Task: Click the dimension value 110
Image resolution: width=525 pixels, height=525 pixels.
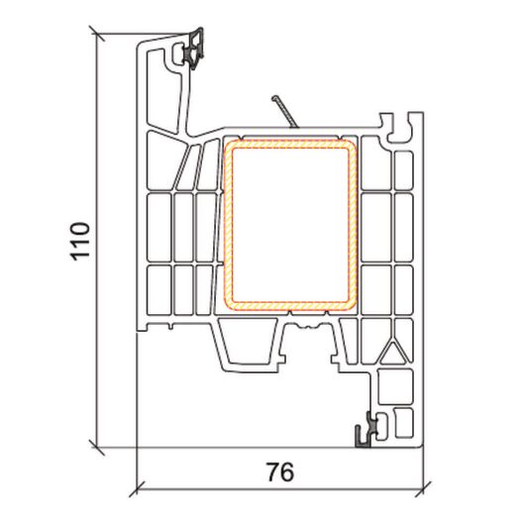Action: pyautogui.click(x=80, y=242)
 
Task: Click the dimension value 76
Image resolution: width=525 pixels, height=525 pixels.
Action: pyautogui.click(x=280, y=472)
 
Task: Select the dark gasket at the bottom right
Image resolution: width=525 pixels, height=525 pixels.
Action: pyautogui.click(x=367, y=430)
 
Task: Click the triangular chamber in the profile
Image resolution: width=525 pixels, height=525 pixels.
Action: pyautogui.click(x=392, y=354)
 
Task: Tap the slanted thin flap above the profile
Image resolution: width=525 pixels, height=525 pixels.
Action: pyautogui.click(x=285, y=112)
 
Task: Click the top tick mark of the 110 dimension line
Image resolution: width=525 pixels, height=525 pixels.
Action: pyautogui.click(x=97, y=34)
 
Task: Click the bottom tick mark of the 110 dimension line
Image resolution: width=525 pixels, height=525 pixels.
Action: pyautogui.click(x=97, y=448)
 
